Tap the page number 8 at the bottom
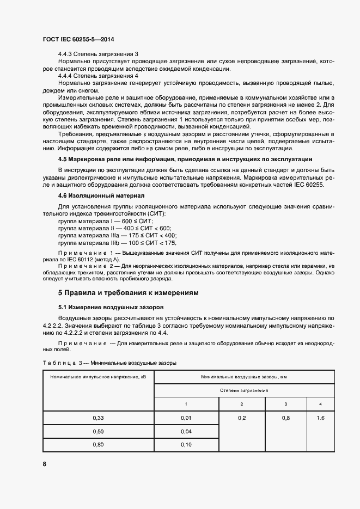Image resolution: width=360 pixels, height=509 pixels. click(44, 464)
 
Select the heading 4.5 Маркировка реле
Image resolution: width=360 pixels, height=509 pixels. click(185, 159)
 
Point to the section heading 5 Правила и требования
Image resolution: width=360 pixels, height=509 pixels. click(128, 292)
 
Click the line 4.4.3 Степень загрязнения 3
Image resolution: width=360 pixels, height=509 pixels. click(98, 54)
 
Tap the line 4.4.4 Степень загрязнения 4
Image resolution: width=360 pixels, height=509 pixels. click(98, 76)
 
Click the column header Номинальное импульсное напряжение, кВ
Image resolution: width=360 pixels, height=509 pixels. click(98, 377)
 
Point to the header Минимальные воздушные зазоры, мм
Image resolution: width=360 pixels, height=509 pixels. click(244, 377)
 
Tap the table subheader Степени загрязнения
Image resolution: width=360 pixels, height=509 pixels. click(244, 391)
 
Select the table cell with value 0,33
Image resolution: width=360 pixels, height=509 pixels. click(98, 418)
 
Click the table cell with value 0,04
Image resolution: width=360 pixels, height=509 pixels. click(186, 432)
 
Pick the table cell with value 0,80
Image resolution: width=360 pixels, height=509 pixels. click(98, 445)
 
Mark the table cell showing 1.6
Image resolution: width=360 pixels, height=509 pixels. click(320, 418)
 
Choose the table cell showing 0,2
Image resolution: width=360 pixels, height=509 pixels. click(242, 418)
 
